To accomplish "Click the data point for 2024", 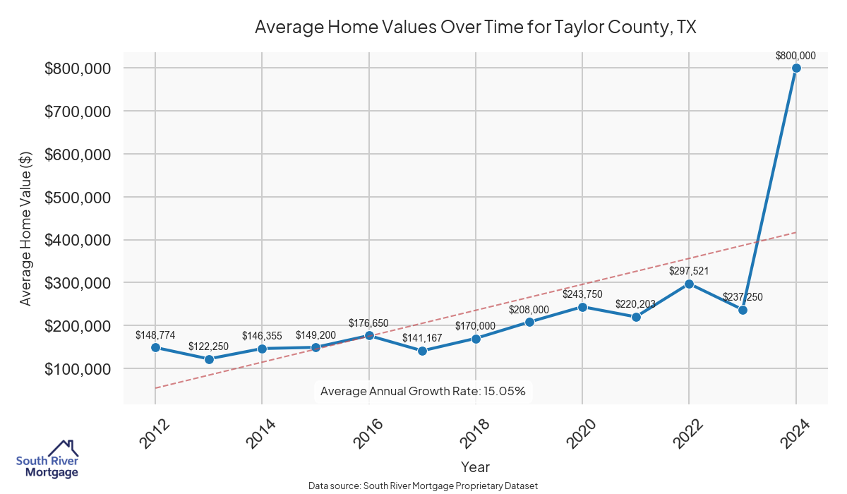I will pyautogui.click(x=796, y=68).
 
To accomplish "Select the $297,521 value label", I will pyautogui.click(x=689, y=271).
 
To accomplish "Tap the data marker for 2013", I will pyautogui.click(x=209, y=359).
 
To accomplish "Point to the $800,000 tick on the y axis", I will pyautogui.click(x=77, y=68).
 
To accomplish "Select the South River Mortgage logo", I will pyautogui.click(x=47, y=459).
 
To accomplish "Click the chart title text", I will pyautogui.click(x=476, y=28).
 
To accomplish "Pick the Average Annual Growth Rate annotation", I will pyautogui.click(x=423, y=391).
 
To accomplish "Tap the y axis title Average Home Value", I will pyautogui.click(x=25, y=228).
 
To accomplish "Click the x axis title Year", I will pyautogui.click(x=475, y=467).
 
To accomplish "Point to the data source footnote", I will pyautogui.click(x=423, y=486).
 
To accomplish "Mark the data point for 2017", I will pyautogui.click(x=423, y=351).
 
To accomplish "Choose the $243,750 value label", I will pyautogui.click(x=582, y=294).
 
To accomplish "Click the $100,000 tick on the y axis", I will pyautogui.click(x=77, y=369).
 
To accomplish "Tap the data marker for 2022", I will pyautogui.click(x=689, y=284).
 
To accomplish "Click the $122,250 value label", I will pyautogui.click(x=208, y=347).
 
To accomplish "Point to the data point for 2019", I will pyautogui.click(x=529, y=322).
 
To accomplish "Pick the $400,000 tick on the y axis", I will pyautogui.click(x=77, y=240).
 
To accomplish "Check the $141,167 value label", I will pyautogui.click(x=422, y=338).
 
